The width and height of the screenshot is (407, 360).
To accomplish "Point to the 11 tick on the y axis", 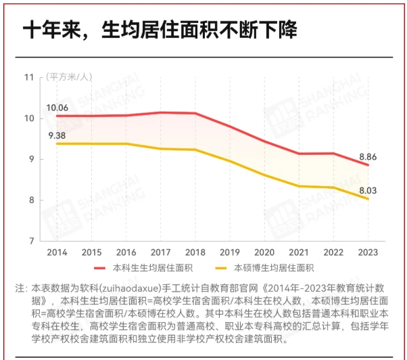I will point(28,76).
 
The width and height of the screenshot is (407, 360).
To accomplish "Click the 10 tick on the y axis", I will point(28,118).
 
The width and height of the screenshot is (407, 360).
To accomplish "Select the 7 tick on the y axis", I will point(30,241).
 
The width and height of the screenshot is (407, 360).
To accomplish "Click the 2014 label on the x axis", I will point(57,252).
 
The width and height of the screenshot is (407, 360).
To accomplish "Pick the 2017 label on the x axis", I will point(160,252).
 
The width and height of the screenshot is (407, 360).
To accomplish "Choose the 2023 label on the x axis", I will point(367,252).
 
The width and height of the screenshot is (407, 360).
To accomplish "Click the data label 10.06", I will point(57,108).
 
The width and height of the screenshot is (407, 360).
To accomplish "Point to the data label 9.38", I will point(57,135).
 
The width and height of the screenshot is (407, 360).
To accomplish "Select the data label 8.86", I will point(367,156).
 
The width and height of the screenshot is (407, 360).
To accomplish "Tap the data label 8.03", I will point(367,191).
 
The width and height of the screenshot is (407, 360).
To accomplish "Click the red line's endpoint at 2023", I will point(368,165).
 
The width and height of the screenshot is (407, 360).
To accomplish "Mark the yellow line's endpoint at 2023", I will point(368,199).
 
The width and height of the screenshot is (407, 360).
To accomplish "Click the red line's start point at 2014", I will point(57,116).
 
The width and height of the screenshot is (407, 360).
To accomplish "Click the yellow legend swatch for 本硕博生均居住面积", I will point(222,268).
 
